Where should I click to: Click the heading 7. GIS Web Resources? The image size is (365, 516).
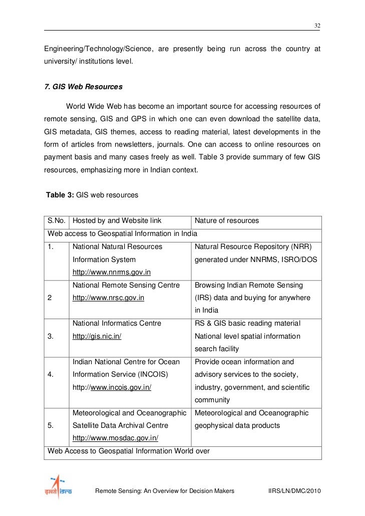(83, 87)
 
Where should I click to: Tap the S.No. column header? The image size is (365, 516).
(57, 220)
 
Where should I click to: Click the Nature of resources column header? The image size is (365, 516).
(226, 220)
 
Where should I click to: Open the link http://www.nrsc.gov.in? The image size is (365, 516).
(109, 298)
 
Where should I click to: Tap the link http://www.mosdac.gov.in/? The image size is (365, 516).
(116, 438)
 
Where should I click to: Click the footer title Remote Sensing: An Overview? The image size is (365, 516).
(164, 491)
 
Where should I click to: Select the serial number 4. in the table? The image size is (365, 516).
(51, 375)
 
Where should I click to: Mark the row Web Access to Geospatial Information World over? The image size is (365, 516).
(128, 451)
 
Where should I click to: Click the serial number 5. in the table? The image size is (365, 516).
(51, 426)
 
